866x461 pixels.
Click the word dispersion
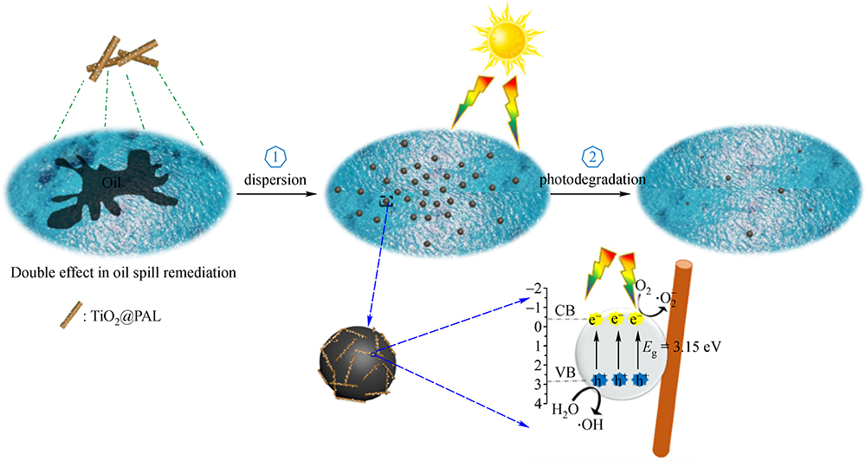[275, 180]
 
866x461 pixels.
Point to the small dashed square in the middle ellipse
[386, 201]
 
